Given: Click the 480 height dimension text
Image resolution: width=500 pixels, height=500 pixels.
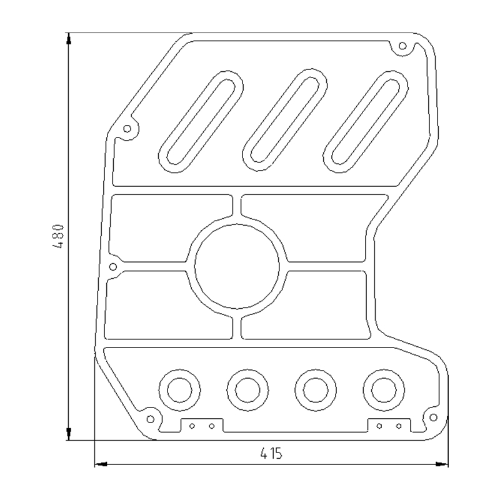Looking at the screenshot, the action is pos(58,236).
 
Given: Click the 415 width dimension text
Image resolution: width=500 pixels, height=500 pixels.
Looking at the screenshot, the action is pos(271,453).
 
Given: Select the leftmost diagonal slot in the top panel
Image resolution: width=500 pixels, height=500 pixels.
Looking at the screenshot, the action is pos(201,121).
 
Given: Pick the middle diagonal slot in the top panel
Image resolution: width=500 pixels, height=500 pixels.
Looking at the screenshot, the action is pos(285,120).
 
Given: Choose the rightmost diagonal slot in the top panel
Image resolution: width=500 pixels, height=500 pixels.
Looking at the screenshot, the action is pos(366,121).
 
